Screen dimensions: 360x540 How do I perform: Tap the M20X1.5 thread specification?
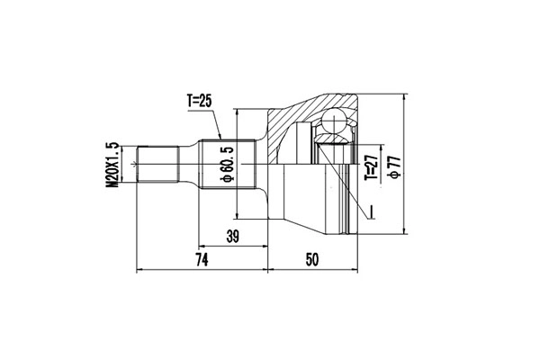click(113, 164)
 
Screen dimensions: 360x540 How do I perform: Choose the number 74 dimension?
click(202, 260)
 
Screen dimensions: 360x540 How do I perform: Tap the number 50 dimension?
click(313, 260)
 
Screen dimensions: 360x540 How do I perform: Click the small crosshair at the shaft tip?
click(135, 164)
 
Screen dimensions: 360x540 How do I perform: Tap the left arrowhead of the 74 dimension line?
click(139, 269)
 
